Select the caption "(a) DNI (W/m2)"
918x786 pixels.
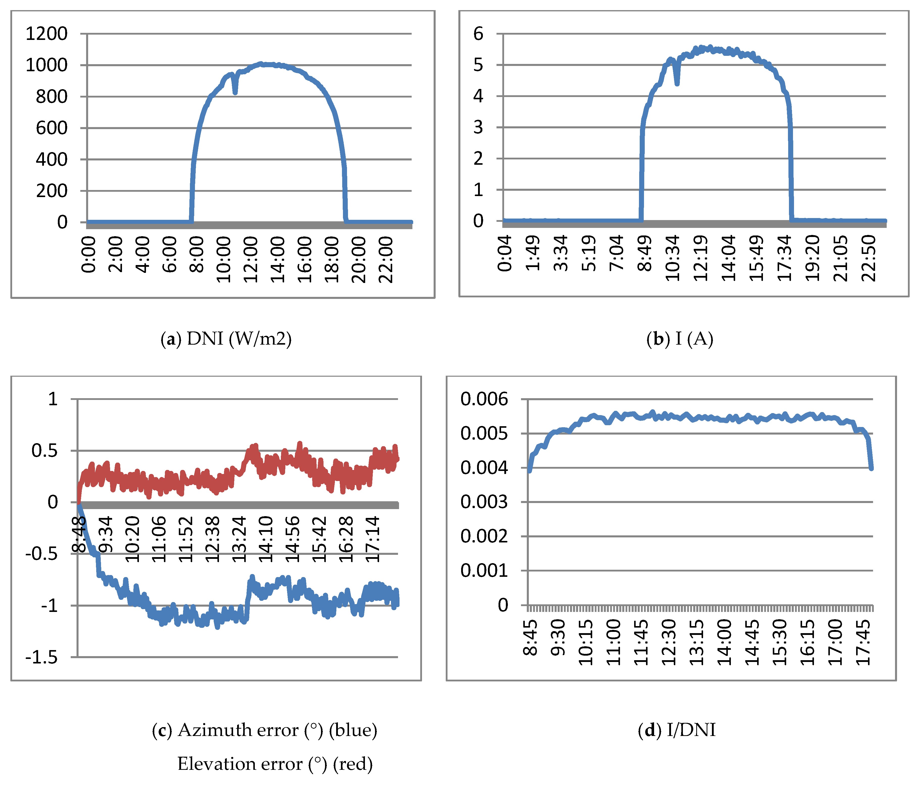coord(226,339)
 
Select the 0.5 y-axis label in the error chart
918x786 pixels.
coord(44,451)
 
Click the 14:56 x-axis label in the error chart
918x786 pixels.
coord(293,539)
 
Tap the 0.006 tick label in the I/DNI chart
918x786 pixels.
coord(484,399)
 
